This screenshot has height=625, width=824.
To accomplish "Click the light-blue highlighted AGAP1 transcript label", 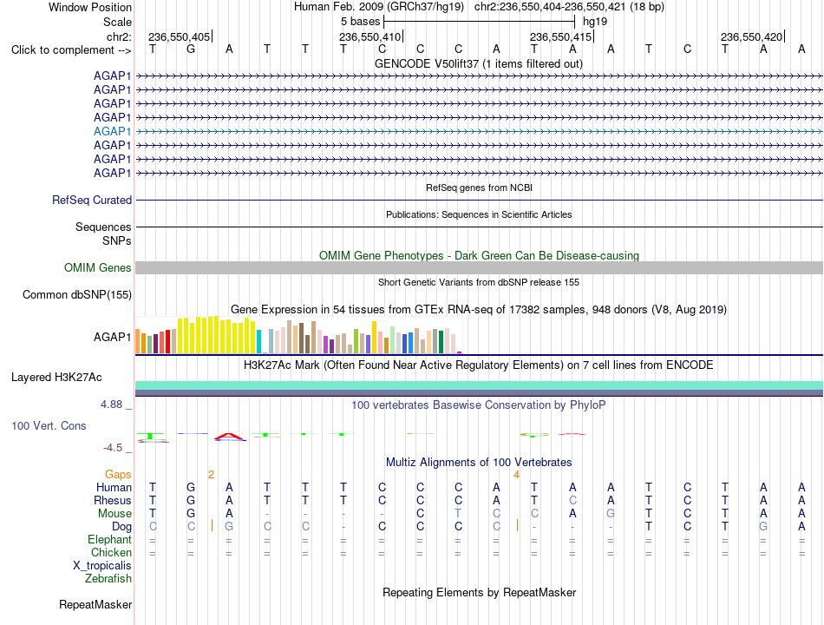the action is [x=112, y=132].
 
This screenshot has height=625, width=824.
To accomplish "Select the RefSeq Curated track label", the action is [x=92, y=200].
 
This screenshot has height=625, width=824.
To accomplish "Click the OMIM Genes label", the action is [x=97, y=267].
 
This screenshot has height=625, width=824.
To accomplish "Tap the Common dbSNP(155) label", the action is [x=77, y=294].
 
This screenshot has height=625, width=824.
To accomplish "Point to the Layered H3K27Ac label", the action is [x=56, y=378].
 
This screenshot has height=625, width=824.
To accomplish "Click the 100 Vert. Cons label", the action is [x=49, y=425].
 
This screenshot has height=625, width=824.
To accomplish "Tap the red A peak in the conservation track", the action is [x=229, y=435].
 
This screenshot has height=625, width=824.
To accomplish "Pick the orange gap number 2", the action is [x=212, y=475].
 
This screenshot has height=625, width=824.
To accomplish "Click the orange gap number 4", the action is [x=517, y=475].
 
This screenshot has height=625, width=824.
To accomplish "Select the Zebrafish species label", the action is [x=108, y=579].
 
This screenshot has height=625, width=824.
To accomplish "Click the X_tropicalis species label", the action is [x=102, y=566].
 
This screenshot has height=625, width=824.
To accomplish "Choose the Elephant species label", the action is [x=109, y=540].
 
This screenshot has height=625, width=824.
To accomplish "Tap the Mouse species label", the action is [x=114, y=514].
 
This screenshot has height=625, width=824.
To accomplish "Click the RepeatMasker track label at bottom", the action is [x=95, y=604].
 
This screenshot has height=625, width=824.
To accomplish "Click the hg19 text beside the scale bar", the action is [x=595, y=22].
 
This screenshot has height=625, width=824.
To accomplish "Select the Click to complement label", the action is [x=71, y=50].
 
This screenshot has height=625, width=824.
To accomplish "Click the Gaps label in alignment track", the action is [x=118, y=475].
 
